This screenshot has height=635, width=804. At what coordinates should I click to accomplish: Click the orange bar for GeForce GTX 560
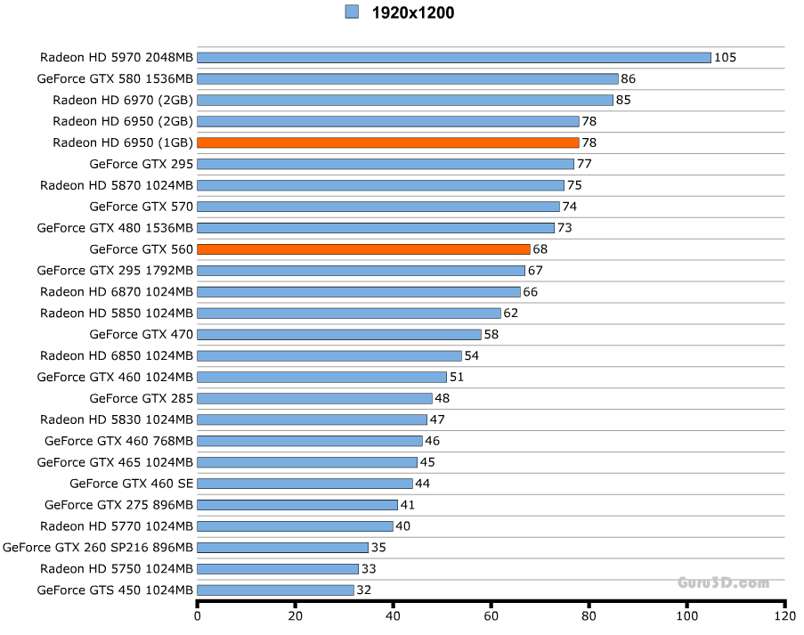coord(363,249)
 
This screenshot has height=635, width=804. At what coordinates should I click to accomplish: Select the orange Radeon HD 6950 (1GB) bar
coord(387,142)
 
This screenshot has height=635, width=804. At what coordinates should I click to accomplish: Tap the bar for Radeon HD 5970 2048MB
coord(453,57)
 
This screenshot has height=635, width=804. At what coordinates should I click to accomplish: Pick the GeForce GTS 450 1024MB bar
coord(275,590)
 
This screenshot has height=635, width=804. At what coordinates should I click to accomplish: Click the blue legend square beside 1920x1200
coord(352,12)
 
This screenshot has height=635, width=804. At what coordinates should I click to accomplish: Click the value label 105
coord(725,58)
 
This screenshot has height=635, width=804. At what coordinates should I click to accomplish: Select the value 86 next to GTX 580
coord(628,79)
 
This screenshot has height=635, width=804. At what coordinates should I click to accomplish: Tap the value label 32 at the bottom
coord(363,590)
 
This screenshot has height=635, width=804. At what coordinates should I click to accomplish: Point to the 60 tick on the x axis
coord(491,615)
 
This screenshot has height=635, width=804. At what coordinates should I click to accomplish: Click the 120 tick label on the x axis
coord(784,615)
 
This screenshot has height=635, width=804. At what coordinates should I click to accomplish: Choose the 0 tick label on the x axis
coord(197,615)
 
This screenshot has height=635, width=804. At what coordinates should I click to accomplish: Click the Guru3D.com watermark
coord(723,582)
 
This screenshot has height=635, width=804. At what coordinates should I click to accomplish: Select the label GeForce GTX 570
coord(142,207)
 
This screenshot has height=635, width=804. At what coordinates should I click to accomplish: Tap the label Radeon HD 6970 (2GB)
coord(123,100)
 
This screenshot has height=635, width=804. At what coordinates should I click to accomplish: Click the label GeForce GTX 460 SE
coord(131,484)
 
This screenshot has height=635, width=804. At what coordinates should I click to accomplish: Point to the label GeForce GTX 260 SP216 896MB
coord(98,547)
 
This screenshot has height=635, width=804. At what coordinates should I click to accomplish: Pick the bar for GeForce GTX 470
coord(338,335)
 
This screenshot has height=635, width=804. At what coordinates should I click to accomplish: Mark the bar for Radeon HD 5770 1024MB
coord(295,526)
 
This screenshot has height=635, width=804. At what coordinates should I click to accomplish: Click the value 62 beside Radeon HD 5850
coord(510,313)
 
